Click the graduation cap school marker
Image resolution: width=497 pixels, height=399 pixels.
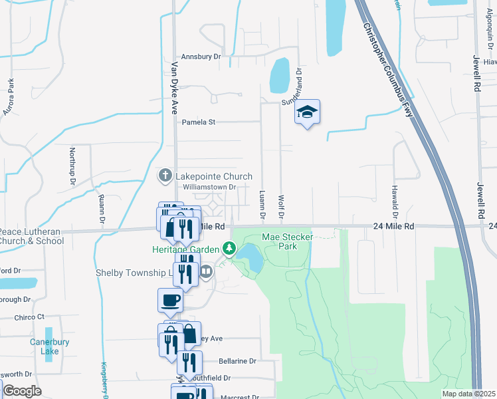click(x=307, y=112)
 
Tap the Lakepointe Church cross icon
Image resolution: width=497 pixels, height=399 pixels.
click(x=165, y=176)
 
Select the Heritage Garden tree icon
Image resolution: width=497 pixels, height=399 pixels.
click(x=229, y=249)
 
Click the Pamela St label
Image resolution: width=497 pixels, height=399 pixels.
click(x=199, y=122)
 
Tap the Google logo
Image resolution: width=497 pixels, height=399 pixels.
click(x=21, y=391)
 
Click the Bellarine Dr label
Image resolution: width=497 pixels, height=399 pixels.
click(x=237, y=361)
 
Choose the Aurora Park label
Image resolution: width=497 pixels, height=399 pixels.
click(x=11, y=97)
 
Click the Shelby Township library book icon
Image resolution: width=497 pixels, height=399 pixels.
click(x=206, y=271)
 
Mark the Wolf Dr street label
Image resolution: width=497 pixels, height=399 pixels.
click(x=281, y=207)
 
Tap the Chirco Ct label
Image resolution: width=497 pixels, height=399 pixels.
click(x=31, y=317)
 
